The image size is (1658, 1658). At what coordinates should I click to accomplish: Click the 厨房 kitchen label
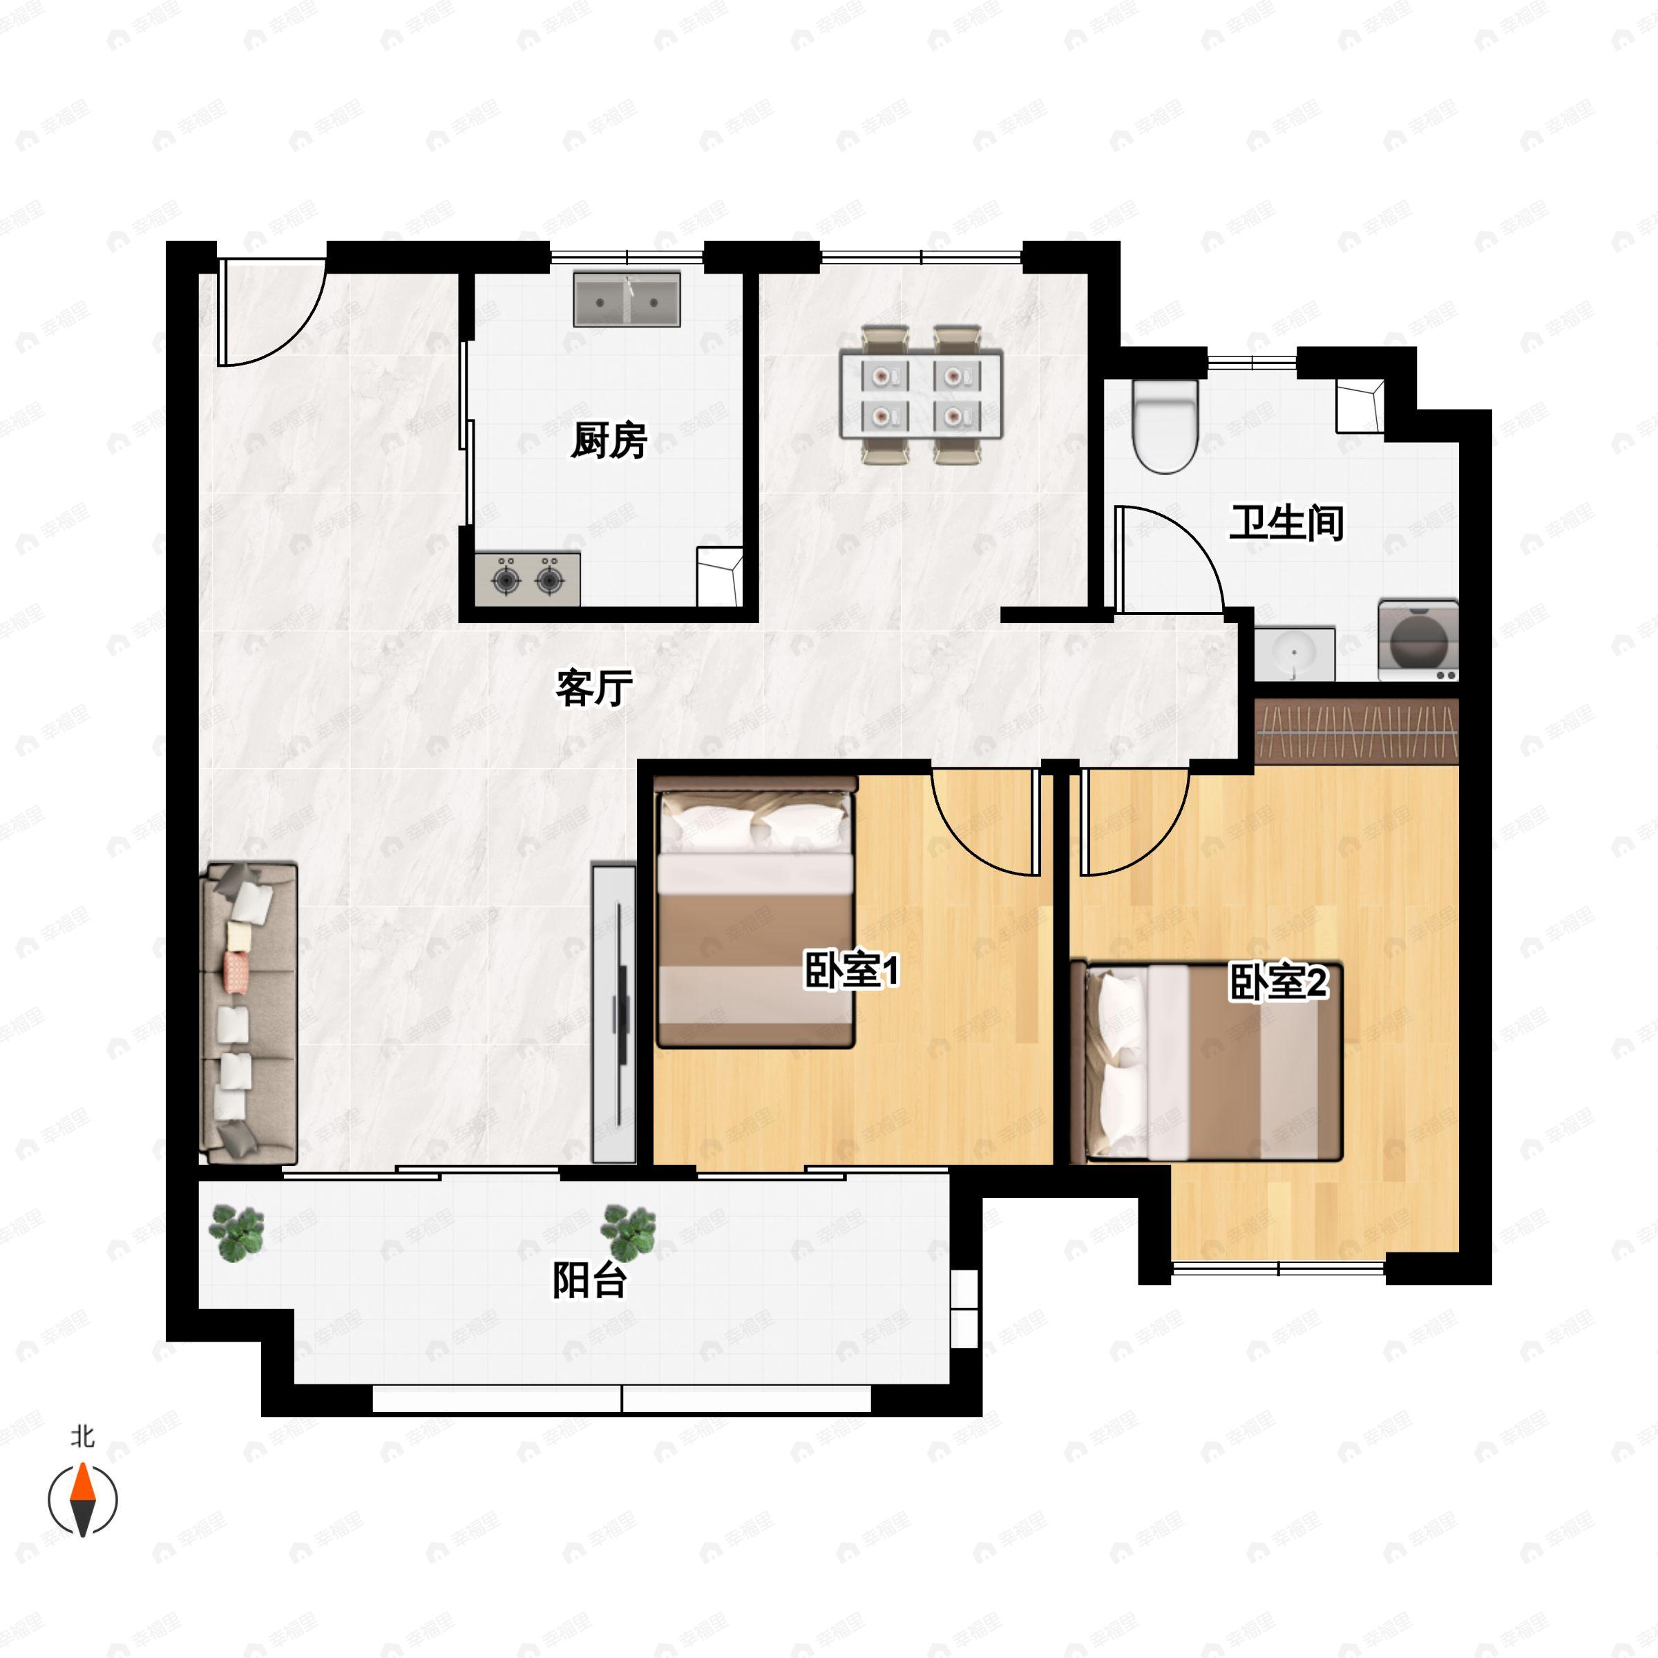point(609,441)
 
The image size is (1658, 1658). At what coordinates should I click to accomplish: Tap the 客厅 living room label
point(594,687)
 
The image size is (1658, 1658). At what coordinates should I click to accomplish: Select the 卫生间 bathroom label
point(1286,523)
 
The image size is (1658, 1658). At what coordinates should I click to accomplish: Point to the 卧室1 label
point(851,971)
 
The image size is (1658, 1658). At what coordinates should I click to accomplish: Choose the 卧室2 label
point(1279,982)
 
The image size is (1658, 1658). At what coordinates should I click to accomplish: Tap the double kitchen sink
point(627,300)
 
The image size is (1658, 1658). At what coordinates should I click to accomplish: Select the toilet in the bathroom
point(1165,426)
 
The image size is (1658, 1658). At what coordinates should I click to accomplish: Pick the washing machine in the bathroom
point(1418,641)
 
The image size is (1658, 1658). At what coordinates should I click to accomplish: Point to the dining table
point(922,394)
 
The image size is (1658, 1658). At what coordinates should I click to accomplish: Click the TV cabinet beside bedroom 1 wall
point(614,1013)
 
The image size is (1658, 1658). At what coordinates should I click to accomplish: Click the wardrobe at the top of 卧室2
point(1357,731)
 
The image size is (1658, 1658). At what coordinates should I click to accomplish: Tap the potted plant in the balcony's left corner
point(237,1233)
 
